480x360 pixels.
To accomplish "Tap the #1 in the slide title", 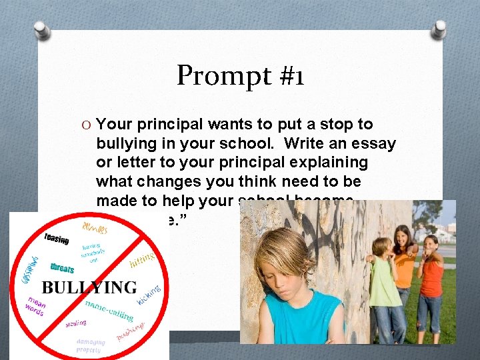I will coord(288,77).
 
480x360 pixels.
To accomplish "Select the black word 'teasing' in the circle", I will coord(57,238).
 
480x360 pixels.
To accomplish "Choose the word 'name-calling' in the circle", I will coord(109,311).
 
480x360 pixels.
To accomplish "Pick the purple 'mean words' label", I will coord(35,307).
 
